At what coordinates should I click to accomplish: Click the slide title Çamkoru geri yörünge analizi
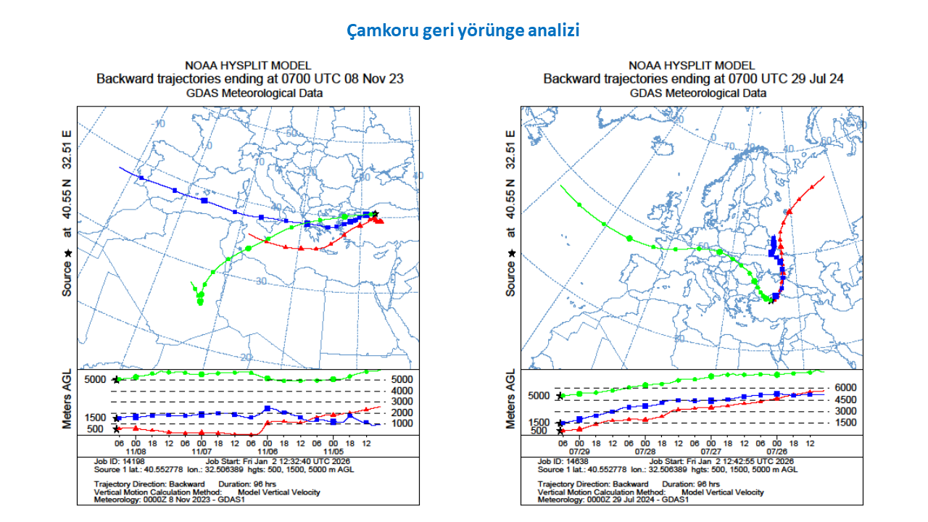[x=463, y=31]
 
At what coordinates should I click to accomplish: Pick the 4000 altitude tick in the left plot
[x=402, y=390]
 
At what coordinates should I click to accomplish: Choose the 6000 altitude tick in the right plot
[x=845, y=388]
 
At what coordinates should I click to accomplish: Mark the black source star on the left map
[x=375, y=213]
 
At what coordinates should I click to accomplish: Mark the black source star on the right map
[x=771, y=302]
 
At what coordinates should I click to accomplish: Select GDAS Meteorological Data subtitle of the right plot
[x=697, y=93]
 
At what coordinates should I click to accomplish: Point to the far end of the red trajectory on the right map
[x=824, y=176]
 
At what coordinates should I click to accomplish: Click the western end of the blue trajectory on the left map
[x=120, y=167]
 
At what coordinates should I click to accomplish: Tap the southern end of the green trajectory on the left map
[x=200, y=303]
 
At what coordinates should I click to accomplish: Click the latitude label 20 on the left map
[x=246, y=357]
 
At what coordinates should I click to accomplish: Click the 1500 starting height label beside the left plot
[x=96, y=418]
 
